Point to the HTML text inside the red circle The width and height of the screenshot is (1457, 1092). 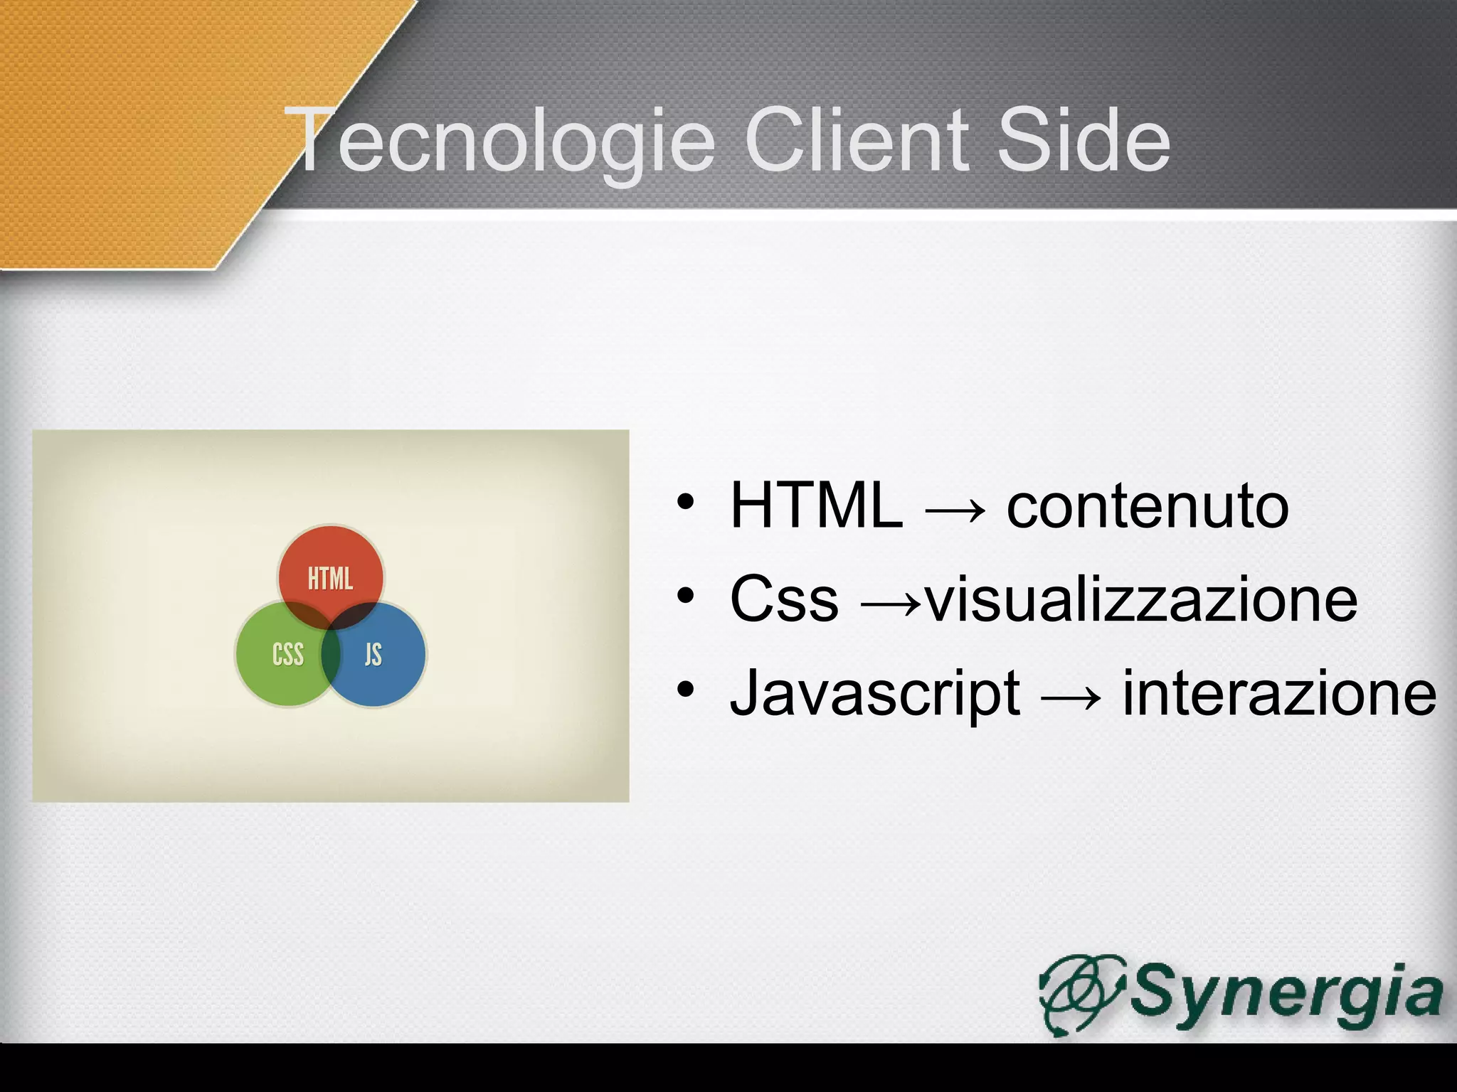[330, 579]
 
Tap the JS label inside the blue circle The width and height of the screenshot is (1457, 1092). [373, 654]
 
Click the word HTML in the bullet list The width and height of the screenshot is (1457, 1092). [816, 505]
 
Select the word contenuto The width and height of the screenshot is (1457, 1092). [1147, 505]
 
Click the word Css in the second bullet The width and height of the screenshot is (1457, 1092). [784, 599]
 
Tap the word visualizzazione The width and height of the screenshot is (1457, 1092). [1141, 599]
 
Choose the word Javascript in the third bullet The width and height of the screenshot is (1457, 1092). [875, 693]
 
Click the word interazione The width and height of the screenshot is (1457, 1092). [1279, 693]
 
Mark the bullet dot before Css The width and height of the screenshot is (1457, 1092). [684, 596]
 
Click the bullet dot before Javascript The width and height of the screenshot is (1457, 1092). [684, 689]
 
